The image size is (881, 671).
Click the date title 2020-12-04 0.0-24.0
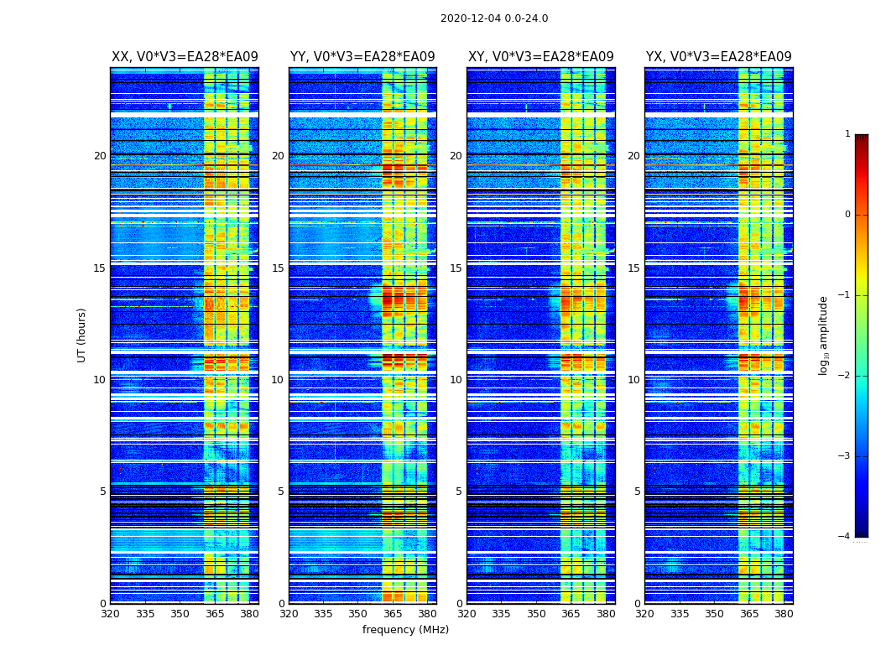pos(494,18)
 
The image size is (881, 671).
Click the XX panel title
pos(185,57)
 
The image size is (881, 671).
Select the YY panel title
pos(362,57)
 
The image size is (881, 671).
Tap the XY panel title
pos(540,57)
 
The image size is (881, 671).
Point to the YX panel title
pos(718,57)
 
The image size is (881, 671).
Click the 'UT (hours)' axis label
pos(82,335)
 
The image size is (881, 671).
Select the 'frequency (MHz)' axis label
pos(405,630)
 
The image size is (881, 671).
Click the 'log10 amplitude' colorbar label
pos(824,335)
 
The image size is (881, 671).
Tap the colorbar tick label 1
pos(847,134)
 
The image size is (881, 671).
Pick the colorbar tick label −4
pos(845,537)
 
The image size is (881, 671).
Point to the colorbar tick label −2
pos(845,376)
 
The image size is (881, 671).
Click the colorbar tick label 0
pos(847,215)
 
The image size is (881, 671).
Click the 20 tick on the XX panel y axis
pos(100,156)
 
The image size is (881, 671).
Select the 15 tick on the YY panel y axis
pos(278,268)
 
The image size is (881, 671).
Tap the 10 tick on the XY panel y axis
pos(456,380)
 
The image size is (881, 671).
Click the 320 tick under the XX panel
pos(110,614)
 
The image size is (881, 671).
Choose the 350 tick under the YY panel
pos(357,614)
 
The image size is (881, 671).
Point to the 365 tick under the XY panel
pos(571,614)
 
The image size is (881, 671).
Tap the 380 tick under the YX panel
pos(784,614)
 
